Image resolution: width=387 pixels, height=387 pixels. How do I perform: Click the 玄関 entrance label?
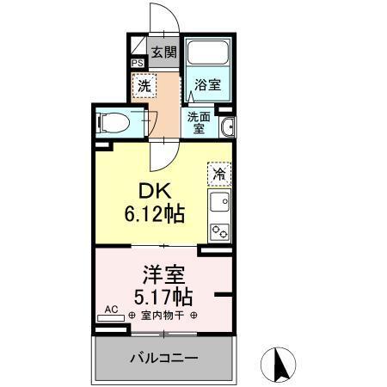click(164, 52)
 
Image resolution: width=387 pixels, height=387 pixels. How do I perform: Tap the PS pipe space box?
click(138, 63)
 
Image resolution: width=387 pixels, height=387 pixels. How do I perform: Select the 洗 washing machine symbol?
click(144, 86)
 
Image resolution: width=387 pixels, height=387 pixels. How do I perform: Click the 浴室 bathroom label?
click(206, 85)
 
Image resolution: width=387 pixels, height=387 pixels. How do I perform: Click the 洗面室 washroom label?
click(199, 123)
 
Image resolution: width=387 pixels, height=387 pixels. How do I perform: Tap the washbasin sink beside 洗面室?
click(226, 129)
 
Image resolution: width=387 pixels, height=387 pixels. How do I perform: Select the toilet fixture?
click(114, 122)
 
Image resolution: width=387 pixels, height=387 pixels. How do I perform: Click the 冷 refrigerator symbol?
click(219, 175)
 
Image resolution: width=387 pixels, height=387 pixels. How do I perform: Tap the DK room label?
click(155, 192)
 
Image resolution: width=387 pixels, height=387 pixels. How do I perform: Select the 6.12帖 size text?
click(155, 213)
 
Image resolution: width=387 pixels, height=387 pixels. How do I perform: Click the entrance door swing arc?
click(159, 17)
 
